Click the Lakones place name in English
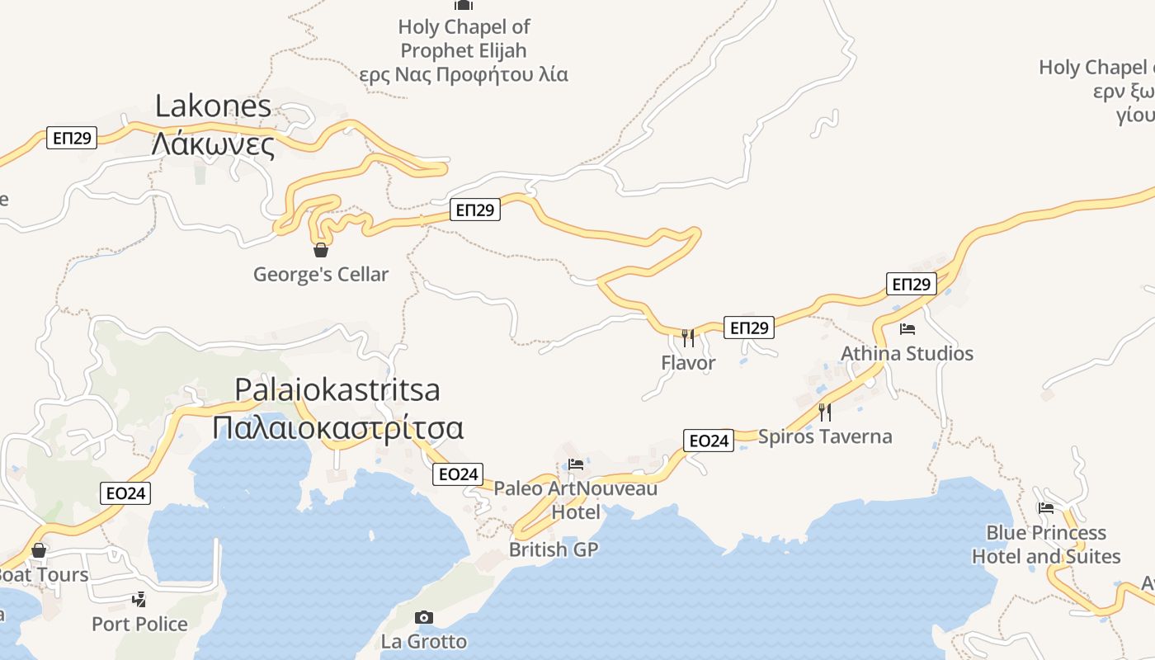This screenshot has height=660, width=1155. [x=213, y=106]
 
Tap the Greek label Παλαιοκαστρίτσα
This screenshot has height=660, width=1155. [x=337, y=428]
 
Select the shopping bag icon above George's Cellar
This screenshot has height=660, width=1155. [x=321, y=249]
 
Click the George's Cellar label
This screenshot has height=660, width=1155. [x=320, y=274]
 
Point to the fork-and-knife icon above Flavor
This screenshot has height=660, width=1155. [x=688, y=337]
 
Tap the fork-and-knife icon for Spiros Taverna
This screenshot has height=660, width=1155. [x=824, y=412]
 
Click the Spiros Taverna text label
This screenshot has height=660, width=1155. [x=825, y=436]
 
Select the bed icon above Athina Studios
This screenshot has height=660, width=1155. [x=907, y=329]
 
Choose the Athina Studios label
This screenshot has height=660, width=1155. [x=907, y=353]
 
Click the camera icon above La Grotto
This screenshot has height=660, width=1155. [x=423, y=617]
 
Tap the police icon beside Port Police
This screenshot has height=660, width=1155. [x=139, y=599]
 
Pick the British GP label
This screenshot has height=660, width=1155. [x=553, y=549]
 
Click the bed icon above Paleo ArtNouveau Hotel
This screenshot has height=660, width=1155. [x=576, y=464]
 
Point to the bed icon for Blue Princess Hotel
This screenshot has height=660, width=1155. [x=1046, y=508]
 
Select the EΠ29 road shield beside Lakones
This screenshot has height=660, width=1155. [x=72, y=138]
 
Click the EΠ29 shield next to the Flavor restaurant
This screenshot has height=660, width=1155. [x=749, y=328]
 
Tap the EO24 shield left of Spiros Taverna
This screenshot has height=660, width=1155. [x=708, y=441]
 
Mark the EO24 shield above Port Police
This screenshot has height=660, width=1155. [x=126, y=493]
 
